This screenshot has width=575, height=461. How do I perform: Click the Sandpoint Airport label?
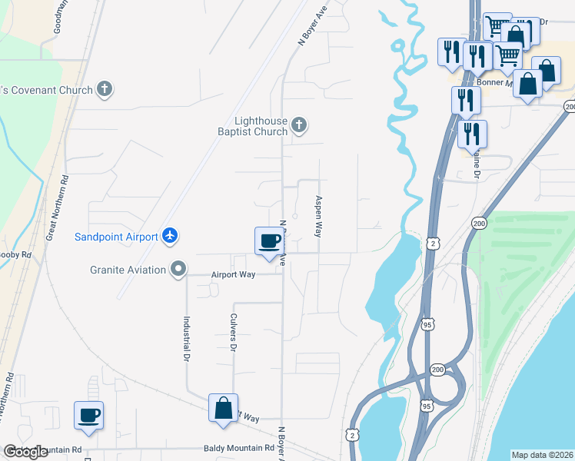click(x=116, y=237)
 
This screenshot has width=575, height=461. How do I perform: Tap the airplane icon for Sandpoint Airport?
click(x=171, y=236)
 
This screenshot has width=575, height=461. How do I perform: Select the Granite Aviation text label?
click(x=128, y=270)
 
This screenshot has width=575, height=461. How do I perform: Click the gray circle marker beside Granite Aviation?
click(x=178, y=269)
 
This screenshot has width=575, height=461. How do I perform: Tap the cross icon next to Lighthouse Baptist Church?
click(x=300, y=124)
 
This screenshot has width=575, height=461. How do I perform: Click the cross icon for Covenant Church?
click(x=105, y=90)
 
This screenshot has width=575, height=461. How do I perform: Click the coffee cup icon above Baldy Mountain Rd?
click(x=88, y=416)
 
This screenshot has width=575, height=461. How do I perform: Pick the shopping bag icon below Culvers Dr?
click(x=223, y=408)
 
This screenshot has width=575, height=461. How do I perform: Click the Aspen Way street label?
click(x=317, y=216)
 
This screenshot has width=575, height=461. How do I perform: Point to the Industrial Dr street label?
click(x=186, y=341)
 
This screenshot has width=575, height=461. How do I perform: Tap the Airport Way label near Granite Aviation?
click(x=233, y=274)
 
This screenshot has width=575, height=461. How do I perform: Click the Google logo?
click(x=25, y=452)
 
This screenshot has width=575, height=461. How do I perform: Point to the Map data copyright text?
click(x=542, y=455)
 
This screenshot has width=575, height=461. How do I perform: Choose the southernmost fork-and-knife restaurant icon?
click(x=471, y=134)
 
